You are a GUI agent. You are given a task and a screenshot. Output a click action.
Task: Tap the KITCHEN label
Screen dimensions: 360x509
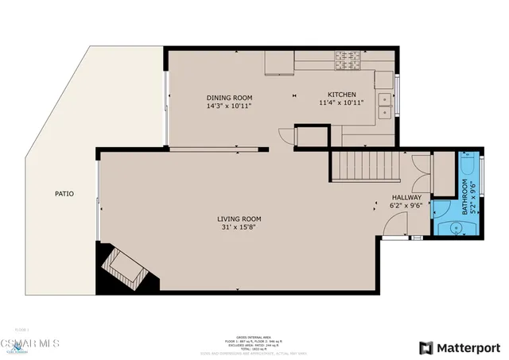pyautogui.click(x=340, y=95)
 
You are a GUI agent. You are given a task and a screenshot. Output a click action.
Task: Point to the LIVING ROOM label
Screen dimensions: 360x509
pyautogui.click(x=239, y=219)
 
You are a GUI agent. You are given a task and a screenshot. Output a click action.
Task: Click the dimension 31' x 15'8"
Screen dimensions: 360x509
pyautogui.click(x=239, y=227)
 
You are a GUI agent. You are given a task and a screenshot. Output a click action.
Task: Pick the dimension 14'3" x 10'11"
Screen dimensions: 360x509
pyautogui.click(x=229, y=104)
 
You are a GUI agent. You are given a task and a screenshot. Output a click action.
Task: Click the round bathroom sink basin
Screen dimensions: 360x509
pyautogui.click(x=455, y=226)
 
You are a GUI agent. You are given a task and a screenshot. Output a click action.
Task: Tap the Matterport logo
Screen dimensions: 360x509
pyautogui.click(x=459, y=347)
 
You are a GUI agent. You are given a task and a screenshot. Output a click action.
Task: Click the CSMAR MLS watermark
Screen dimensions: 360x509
pyautogui.click(x=29, y=343)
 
